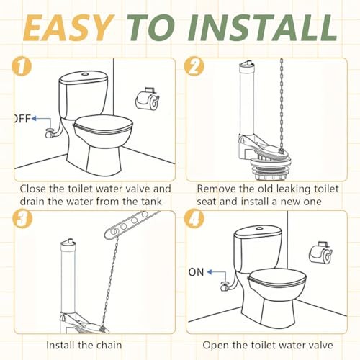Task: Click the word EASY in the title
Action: (68, 27)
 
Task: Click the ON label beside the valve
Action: (196, 272)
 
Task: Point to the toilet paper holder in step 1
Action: (147, 100)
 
